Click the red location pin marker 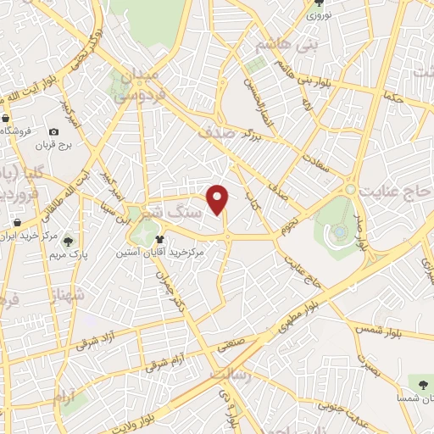pos(220,199)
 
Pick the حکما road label pos(392,98)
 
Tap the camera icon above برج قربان pos(54,131)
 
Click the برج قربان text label pos(54,146)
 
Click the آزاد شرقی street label pos(93,341)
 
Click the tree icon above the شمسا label pos(416,382)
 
